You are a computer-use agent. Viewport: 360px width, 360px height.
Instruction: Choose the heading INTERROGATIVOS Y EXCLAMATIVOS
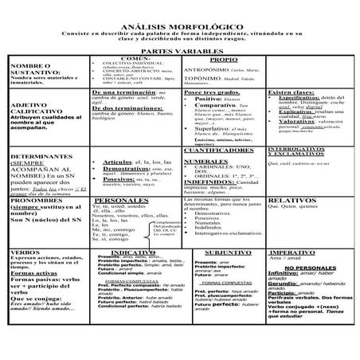306,152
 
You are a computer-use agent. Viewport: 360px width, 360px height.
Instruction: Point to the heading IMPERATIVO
306,251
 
